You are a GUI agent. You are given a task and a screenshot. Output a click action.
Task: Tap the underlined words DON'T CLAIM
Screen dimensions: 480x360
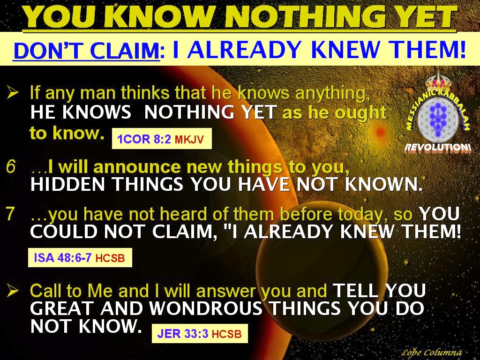(86, 50)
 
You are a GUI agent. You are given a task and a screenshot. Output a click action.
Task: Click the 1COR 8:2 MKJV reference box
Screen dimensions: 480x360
(162, 139)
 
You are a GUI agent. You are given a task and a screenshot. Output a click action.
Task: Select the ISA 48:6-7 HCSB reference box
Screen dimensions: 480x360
(80, 258)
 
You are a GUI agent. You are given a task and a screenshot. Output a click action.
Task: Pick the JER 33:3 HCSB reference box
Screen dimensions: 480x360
(200, 333)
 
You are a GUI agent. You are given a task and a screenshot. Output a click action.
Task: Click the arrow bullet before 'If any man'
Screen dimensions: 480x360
(13, 93)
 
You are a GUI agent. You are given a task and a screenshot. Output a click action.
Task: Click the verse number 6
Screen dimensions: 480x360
(10, 167)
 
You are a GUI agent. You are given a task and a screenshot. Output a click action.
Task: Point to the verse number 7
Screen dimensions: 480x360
(10, 214)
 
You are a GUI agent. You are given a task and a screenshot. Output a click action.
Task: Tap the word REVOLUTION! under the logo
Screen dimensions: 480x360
(438, 148)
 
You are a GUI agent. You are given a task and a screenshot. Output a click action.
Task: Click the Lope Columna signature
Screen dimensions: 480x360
(431, 352)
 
